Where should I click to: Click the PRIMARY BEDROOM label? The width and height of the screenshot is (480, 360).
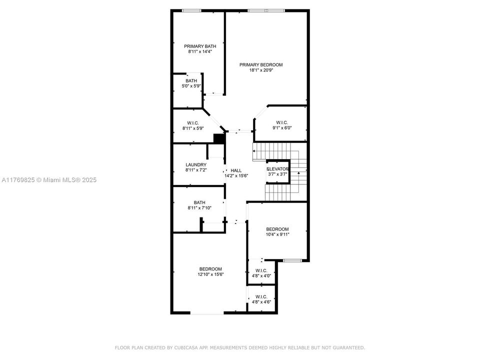pyautogui.click(x=260, y=64)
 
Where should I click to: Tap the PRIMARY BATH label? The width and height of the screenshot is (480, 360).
pyautogui.click(x=196, y=46)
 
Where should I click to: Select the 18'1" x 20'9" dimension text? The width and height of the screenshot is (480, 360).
pyautogui.click(x=260, y=70)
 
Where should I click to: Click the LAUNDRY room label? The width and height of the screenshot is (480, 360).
pyautogui.click(x=196, y=164)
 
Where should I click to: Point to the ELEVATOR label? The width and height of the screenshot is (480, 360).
pyautogui.click(x=278, y=169)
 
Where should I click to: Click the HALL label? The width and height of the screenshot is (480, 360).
pyautogui.click(x=236, y=170)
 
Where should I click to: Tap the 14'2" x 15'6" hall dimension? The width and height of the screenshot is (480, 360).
pyautogui.click(x=236, y=176)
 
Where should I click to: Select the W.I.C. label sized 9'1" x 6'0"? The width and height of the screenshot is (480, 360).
pyautogui.click(x=282, y=122)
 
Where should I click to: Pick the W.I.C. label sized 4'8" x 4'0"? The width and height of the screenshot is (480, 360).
pyautogui.click(x=261, y=270)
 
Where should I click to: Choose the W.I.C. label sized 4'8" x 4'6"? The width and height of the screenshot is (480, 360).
pyautogui.click(x=261, y=296)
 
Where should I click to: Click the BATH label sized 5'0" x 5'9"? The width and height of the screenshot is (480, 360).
pyautogui.click(x=191, y=80)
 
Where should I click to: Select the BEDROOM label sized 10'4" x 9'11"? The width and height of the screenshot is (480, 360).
pyautogui.click(x=277, y=229)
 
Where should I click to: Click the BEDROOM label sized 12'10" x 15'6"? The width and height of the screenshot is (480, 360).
pyautogui.click(x=210, y=268)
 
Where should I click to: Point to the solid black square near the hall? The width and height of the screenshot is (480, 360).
pyautogui.click(x=218, y=138)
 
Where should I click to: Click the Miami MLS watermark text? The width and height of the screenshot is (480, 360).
pyautogui.click(x=49, y=180)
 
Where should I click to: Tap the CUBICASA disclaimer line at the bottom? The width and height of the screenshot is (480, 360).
pyautogui.click(x=240, y=347)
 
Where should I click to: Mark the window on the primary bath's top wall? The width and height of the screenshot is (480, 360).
pyautogui.click(x=191, y=10)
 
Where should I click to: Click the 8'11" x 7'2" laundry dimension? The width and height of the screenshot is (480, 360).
pyautogui.click(x=196, y=170)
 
